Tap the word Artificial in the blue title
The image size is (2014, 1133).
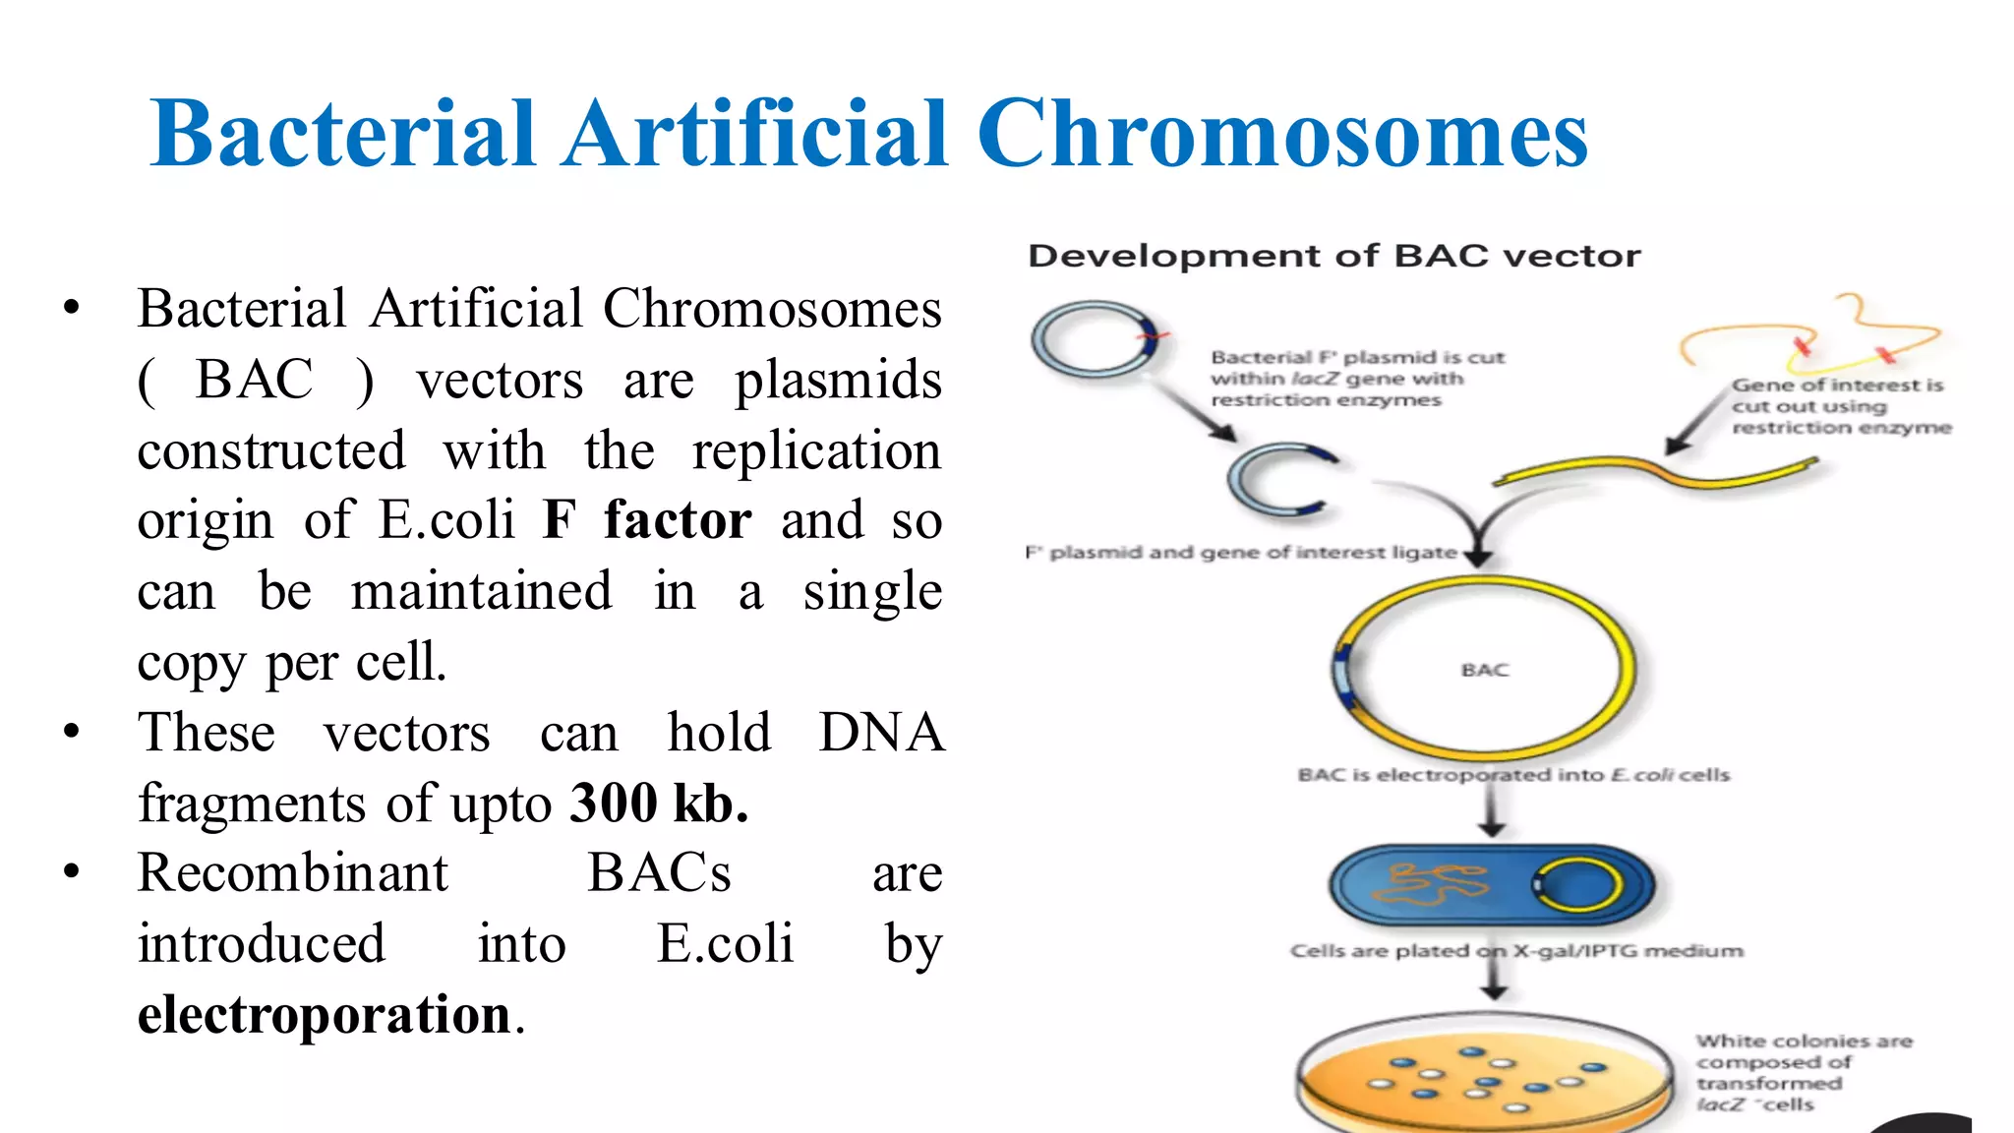(x=755, y=134)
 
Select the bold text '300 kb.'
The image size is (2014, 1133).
(x=659, y=804)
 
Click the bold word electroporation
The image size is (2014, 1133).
(x=325, y=1015)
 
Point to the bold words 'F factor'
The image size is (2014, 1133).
(x=647, y=520)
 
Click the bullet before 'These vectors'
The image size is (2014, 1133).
(x=71, y=733)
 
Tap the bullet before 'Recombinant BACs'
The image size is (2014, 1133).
(x=71, y=873)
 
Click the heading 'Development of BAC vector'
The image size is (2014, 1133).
(x=1333, y=257)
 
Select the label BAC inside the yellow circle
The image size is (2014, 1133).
(x=1484, y=671)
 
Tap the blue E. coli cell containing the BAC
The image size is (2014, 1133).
(x=1491, y=885)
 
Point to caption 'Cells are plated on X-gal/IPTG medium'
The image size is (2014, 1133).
(x=1515, y=951)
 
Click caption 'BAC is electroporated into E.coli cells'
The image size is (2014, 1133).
(x=1512, y=775)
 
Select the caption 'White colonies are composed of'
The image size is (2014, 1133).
(x=1803, y=1051)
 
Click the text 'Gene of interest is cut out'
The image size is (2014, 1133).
(x=1837, y=395)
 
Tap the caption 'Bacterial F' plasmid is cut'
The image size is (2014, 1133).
(x=1357, y=358)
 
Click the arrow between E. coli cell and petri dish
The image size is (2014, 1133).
(x=1494, y=979)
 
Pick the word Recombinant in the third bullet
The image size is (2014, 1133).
(x=292, y=873)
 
